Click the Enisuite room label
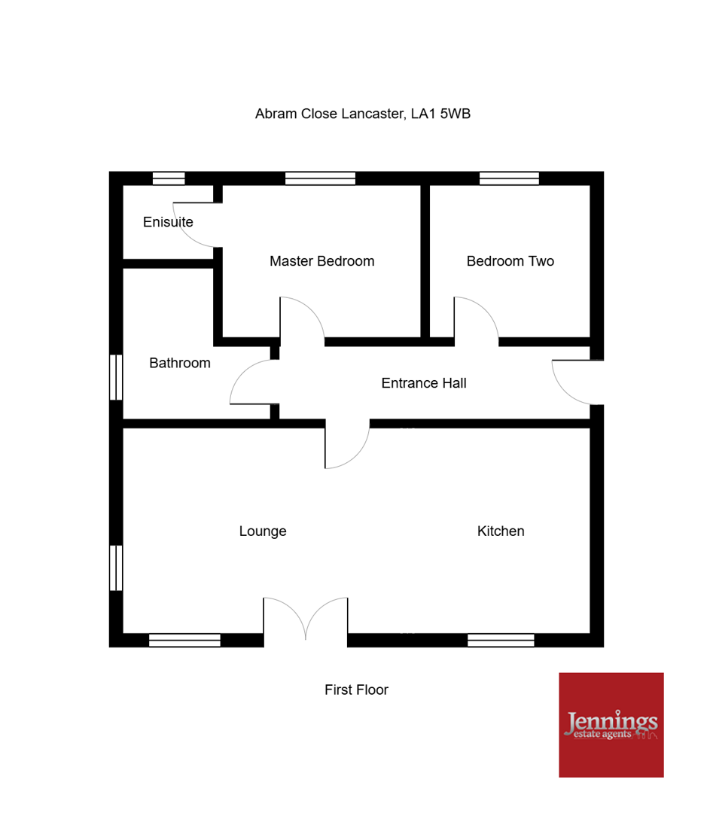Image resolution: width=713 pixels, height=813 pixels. pos(168,222)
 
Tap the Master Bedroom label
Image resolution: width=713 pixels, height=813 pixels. pos(322,260)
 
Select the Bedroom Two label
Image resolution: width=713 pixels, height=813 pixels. pos(510,260)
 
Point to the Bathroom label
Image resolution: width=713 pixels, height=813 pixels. pos(180,363)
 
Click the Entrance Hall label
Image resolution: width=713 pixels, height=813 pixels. pos(424,383)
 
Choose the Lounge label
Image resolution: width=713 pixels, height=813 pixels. pos(263,531)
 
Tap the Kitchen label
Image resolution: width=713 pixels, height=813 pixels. pos(501,531)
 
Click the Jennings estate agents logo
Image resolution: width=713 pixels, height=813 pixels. pos(611,725)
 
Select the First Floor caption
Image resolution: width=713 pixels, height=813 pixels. pos(356,690)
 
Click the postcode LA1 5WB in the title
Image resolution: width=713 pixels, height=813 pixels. pos(440,114)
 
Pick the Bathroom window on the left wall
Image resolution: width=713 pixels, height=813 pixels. pos(116,377)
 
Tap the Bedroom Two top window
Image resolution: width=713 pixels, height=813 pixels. pos(509,178)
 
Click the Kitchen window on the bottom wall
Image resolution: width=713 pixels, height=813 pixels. pos(501,641)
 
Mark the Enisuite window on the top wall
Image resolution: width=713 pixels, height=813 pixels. pos(169,178)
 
